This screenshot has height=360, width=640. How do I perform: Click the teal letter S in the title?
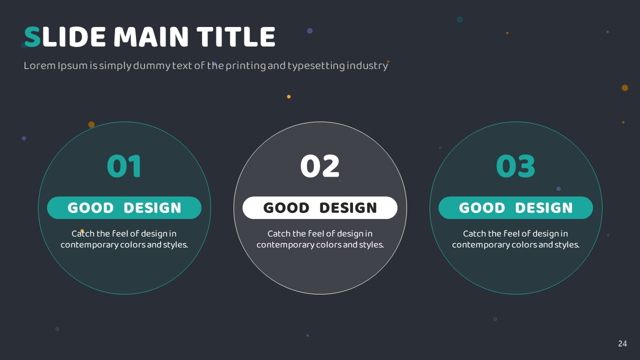tap(32, 37)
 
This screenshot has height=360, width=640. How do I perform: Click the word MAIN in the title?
tap(151, 37)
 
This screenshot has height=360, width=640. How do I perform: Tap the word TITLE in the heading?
tap(236, 37)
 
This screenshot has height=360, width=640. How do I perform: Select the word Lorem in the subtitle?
tap(39, 65)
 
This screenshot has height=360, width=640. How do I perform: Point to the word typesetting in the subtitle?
tap(316, 66)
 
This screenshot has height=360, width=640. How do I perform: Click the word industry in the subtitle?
tap(367, 66)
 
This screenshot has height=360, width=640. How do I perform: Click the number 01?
tap(124, 166)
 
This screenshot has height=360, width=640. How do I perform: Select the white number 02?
tap(320, 166)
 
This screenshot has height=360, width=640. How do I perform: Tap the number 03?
tap(515, 166)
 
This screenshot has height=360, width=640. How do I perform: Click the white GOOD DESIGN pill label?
tap(320, 207)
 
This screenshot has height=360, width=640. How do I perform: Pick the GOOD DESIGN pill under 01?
tap(124, 207)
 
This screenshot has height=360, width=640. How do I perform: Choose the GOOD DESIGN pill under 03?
tap(515, 207)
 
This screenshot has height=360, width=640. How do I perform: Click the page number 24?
tap(622, 343)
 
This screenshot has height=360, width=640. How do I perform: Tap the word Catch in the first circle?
tap(83, 233)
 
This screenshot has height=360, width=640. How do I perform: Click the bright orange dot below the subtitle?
tap(289, 96)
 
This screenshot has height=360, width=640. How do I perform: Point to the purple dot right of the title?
tap(309, 31)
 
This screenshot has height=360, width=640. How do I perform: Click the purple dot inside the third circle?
tap(558, 189)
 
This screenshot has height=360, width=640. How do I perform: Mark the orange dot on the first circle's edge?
tap(91, 124)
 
